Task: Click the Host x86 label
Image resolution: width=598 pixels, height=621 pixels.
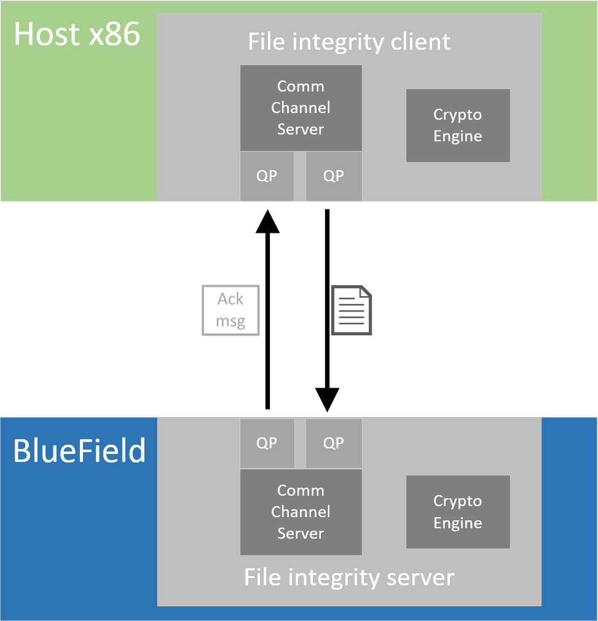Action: click(x=77, y=34)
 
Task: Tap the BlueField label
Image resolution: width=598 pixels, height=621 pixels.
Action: click(x=79, y=451)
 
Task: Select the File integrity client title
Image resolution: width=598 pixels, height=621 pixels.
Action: click(x=349, y=42)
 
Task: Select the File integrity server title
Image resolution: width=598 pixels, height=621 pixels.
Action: click(x=349, y=577)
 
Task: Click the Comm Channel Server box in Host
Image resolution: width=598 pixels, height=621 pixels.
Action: click(x=301, y=107)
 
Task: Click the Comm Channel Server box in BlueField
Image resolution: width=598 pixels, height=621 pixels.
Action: click(x=301, y=512)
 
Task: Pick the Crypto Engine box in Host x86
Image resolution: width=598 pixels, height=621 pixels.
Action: click(x=458, y=125)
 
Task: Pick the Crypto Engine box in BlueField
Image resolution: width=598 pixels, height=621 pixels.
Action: click(x=458, y=512)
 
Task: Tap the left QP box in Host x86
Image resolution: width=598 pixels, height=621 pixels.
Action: click(x=267, y=176)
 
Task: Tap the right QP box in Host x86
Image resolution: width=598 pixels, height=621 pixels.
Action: click(x=334, y=176)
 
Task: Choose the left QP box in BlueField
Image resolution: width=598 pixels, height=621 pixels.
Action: click(x=267, y=443)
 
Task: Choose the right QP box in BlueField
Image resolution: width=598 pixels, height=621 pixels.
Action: click(x=334, y=443)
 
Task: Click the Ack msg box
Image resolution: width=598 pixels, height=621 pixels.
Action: click(x=230, y=311)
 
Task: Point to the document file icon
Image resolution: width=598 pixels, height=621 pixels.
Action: click(x=352, y=310)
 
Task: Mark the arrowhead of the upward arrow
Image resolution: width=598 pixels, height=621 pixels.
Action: click(x=267, y=221)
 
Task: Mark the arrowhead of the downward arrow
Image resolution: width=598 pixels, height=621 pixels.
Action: click(x=327, y=399)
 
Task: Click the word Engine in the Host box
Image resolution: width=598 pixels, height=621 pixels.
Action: click(x=458, y=136)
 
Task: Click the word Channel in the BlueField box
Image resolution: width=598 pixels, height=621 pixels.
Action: click(x=301, y=512)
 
